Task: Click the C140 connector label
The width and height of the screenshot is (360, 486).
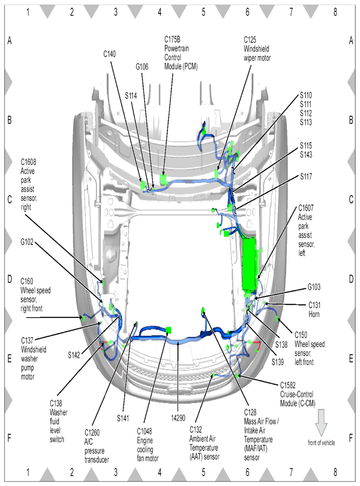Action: [x=110, y=54]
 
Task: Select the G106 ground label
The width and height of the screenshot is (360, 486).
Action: [x=142, y=67]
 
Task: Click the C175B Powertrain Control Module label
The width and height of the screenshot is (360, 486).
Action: [x=181, y=52]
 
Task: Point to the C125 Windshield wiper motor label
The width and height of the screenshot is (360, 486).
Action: [x=257, y=49]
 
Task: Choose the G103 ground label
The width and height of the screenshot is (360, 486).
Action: [x=314, y=288]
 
